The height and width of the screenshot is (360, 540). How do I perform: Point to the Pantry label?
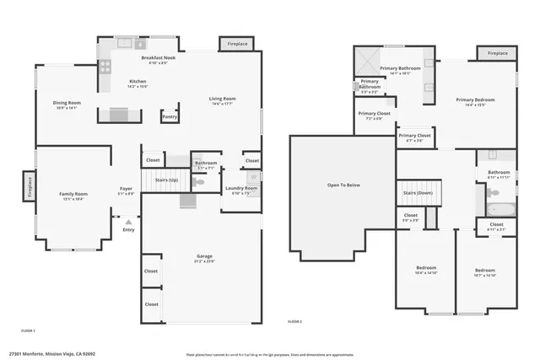[x=170, y=116]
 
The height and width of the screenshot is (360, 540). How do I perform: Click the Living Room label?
[x=223, y=99]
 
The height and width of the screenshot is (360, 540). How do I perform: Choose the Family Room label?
[x=73, y=194]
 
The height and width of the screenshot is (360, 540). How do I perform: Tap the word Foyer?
[x=126, y=190]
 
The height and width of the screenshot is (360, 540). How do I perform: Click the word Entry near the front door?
[x=128, y=229]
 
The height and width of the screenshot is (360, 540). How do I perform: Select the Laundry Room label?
[x=240, y=188]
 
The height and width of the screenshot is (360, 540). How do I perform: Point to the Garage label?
[x=204, y=255]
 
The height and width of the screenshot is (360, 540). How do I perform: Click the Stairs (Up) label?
[x=167, y=180]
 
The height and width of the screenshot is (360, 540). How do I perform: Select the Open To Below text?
[x=343, y=185]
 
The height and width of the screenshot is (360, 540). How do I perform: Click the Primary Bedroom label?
[x=475, y=99]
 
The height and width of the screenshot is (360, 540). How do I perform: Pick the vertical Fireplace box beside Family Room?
[x=28, y=185]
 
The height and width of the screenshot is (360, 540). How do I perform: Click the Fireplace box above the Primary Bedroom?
[x=498, y=53]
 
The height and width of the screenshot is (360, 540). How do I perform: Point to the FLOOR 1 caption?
[x=28, y=330]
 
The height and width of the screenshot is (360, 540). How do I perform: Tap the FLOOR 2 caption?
[x=294, y=322]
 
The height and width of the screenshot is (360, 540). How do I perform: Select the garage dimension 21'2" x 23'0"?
[x=204, y=261]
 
